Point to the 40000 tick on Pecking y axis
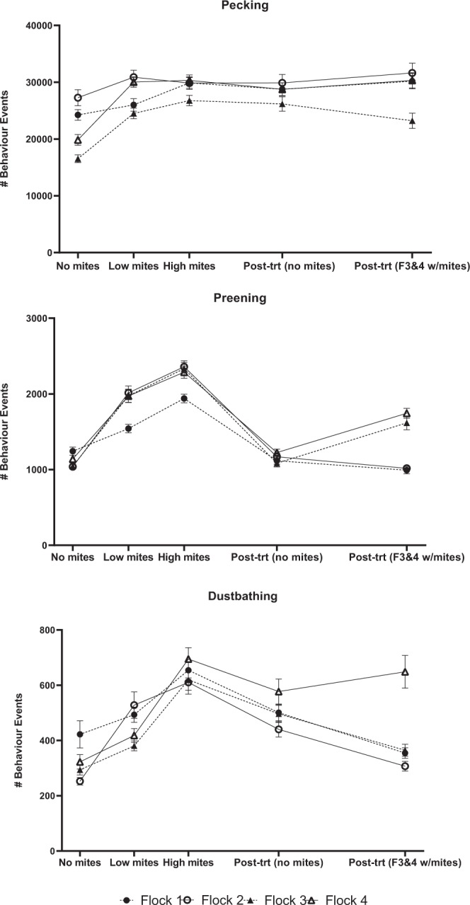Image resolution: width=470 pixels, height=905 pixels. tap(38, 25)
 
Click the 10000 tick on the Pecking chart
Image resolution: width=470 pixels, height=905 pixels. tap(38, 196)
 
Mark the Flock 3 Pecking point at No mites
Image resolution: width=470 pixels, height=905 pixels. tap(78, 159)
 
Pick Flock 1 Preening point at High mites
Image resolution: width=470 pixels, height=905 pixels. tap(184, 398)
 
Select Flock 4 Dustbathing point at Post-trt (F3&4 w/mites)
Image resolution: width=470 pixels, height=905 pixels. tap(406, 671)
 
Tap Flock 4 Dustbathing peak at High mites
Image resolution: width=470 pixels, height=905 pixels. tap(188, 659)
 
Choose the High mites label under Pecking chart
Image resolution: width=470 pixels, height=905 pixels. tap(189, 267)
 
